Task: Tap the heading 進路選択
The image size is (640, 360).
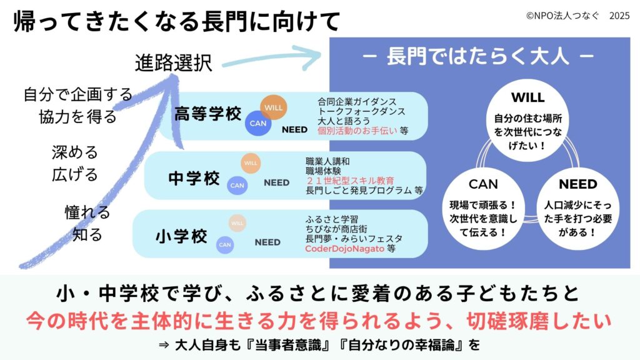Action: pyautogui.click(x=174, y=62)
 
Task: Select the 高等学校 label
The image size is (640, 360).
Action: pyautogui.click(x=208, y=114)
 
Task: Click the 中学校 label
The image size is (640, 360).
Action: pyautogui.click(x=194, y=179)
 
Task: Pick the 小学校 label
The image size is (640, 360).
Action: pyautogui.click(x=181, y=237)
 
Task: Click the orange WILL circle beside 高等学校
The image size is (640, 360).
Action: pyautogui.click(x=274, y=107)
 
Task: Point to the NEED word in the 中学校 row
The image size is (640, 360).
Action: pyautogui.click(x=276, y=183)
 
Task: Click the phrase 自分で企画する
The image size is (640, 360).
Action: pyautogui.click(x=77, y=95)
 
